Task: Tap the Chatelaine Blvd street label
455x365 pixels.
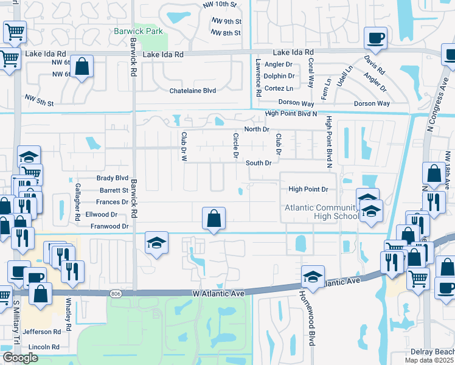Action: (192, 91)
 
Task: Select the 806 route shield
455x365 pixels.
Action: (116, 294)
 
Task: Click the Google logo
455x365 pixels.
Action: (21, 358)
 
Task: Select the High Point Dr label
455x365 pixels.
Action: (312, 189)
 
